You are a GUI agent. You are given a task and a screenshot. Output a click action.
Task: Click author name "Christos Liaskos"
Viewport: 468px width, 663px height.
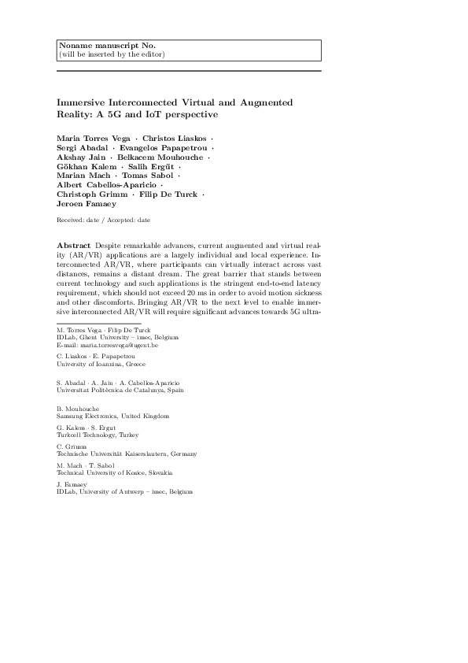(170, 139)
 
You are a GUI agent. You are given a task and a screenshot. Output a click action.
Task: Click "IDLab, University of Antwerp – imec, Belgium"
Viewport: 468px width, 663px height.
(124, 492)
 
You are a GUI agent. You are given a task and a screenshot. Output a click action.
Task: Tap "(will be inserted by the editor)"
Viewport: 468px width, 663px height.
(112, 54)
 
